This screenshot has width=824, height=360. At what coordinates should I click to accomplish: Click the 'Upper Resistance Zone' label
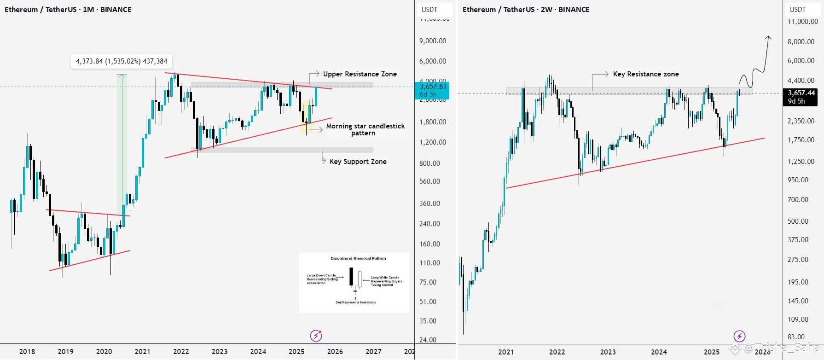click(360, 74)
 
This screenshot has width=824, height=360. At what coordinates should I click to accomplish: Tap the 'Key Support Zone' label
click(358, 162)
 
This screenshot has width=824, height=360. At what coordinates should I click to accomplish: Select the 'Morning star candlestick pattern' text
click(366, 129)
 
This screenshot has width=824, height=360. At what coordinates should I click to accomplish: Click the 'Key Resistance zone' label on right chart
click(645, 74)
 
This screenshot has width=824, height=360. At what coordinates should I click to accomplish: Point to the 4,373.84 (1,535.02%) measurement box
click(122, 61)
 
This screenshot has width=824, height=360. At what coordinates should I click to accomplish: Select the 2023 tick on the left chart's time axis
click(220, 352)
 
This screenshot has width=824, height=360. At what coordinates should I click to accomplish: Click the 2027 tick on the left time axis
click(373, 352)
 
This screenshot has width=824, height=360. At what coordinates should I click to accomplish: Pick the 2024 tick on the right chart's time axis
click(659, 352)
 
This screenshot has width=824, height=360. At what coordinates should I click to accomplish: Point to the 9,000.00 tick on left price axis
click(432, 41)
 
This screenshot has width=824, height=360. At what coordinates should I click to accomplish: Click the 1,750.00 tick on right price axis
click(801, 140)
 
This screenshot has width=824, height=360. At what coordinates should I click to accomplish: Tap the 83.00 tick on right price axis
click(796, 337)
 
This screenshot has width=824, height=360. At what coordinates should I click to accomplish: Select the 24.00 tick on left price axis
click(428, 340)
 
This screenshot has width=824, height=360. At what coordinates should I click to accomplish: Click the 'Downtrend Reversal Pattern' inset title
click(358, 259)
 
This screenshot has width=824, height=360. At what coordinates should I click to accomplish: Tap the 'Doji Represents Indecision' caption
click(355, 302)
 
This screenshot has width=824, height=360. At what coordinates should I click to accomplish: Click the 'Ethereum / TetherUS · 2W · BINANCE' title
click(526, 10)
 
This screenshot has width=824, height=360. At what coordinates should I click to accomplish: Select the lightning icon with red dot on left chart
click(316, 336)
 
